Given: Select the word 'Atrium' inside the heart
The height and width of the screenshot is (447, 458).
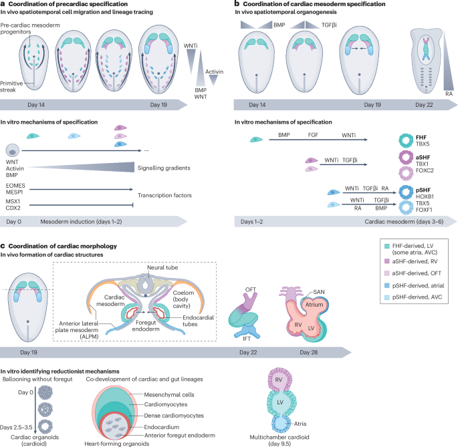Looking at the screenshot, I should [x=325, y=301].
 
